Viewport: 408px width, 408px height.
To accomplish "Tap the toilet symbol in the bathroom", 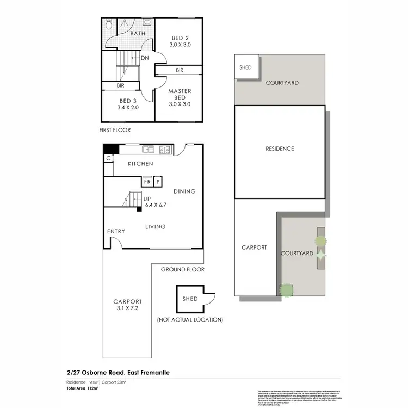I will tap(108, 25).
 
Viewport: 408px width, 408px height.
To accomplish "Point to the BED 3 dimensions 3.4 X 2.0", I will tap(128, 108).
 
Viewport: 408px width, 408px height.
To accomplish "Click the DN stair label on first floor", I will tap(145, 58).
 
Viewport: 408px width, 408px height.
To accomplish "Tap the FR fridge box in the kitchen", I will tap(147, 182).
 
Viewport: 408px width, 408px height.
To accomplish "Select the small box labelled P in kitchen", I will tap(158, 182).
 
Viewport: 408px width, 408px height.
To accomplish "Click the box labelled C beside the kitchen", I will tap(109, 158).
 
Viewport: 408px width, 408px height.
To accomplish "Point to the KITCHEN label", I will tap(140, 164).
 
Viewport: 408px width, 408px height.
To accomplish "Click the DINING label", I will tap(184, 191).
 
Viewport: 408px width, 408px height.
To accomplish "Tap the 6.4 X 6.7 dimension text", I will tap(155, 206).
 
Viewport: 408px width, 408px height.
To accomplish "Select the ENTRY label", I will tap(116, 231).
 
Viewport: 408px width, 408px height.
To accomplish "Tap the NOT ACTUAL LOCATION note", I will tap(190, 320).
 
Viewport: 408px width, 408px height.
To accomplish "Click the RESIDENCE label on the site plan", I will tap(280, 149).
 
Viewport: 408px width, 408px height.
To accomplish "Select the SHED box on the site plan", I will tap(246, 68).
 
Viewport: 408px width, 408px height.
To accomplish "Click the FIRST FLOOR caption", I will tap(115, 130).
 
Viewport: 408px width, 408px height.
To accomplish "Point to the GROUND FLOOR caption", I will tap(182, 269).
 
